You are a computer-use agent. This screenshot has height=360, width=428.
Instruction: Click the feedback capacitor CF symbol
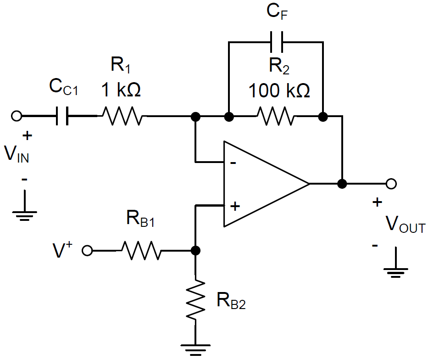click(276, 42)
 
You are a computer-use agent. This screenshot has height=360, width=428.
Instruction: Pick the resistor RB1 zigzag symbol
click(141, 251)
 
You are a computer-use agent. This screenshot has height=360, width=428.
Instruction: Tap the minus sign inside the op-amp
click(233, 163)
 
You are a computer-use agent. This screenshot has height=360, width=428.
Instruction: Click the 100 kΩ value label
click(279, 90)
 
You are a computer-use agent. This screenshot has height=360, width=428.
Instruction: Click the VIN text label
click(17, 155)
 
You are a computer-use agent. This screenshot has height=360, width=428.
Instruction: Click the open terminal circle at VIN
click(17, 116)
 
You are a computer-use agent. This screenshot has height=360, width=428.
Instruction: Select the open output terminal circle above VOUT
click(391, 184)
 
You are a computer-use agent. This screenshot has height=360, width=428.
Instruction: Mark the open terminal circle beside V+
click(87, 251)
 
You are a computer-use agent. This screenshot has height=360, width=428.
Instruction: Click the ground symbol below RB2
click(196, 348)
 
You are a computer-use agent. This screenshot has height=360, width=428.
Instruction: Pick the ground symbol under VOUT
click(395, 271)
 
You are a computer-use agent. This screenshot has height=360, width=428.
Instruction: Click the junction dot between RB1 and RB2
click(196, 251)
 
